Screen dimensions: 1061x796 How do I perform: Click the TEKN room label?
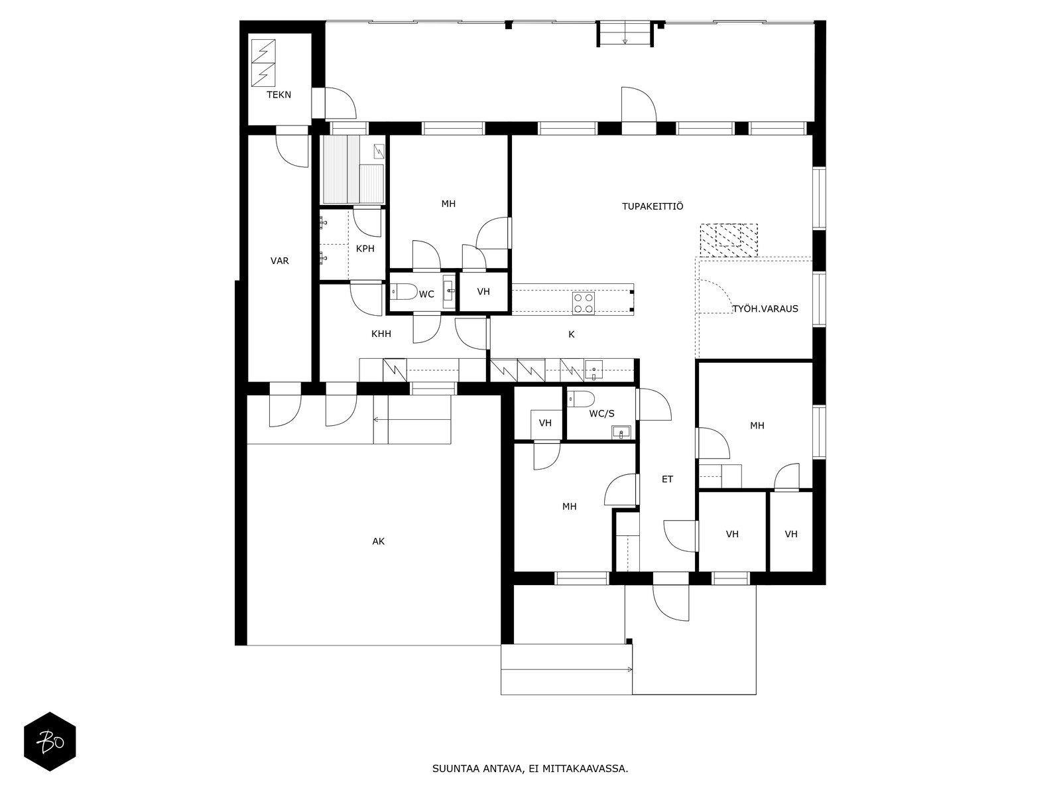279,95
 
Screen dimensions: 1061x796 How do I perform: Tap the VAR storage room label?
279,261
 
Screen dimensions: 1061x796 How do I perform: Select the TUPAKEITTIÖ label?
653,206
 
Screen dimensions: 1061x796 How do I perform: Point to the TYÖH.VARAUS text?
766,308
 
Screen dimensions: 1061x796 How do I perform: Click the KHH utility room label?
381,334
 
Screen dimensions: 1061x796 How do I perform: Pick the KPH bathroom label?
365,248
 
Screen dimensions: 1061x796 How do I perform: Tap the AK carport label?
378,541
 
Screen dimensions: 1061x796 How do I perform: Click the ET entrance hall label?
667,479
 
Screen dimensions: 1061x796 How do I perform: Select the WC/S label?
602,413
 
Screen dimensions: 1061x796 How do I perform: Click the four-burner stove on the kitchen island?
584,303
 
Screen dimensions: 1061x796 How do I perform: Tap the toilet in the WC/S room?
581,399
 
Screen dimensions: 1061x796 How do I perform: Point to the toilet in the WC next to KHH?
404,291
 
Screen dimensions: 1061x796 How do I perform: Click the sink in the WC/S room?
621,432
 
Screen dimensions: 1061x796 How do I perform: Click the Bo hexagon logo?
50,742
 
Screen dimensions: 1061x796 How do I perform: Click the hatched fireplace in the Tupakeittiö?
729,240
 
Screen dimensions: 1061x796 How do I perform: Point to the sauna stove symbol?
379,151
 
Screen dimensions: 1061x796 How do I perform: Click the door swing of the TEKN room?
341,103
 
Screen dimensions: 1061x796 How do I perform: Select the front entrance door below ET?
670,603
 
